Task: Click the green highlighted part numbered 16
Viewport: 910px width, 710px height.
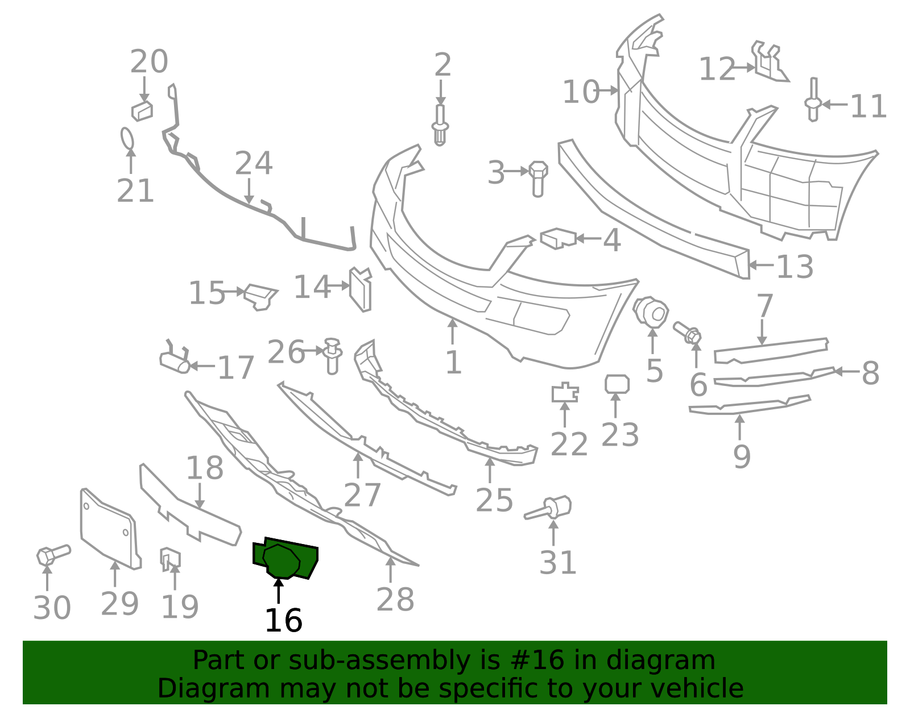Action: pyautogui.click(x=285, y=559)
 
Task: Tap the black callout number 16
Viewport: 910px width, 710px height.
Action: pyautogui.click(x=283, y=620)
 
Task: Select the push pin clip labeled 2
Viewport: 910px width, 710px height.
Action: pyautogui.click(x=440, y=124)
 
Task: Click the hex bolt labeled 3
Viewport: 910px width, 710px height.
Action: pyautogui.click(x=538, y=178)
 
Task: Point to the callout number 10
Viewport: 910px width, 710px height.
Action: pyautogui.click(x=581, y=92)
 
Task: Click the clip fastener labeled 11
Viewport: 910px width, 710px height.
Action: pyautogui.click(x=813, y=99)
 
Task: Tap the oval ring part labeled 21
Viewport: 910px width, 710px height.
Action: pyautogui.click(x=127, y=138)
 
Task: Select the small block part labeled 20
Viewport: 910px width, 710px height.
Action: pyautogui.click(x=142, y=111)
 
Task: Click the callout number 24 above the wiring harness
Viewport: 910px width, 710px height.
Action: pyautogui.click(x=254, y=163)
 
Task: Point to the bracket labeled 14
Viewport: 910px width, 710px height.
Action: pyautogui.click(x=360, y=289)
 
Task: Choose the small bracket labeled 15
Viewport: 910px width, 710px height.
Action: pyautogui.click(x=260, y=297)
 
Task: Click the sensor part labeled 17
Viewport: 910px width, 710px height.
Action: pyautogui.click(x=175, y=358)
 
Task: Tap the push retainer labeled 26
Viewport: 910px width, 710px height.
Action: pyautogui.click(x=333, y=356)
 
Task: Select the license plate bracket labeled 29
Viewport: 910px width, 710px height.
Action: pyautogui.click(x=110, y=529)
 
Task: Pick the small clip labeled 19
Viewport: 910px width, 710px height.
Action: pyautogui.click(x=170, y=559)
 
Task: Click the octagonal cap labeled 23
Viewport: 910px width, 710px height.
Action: pyautogui.click(x=617, y=384)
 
